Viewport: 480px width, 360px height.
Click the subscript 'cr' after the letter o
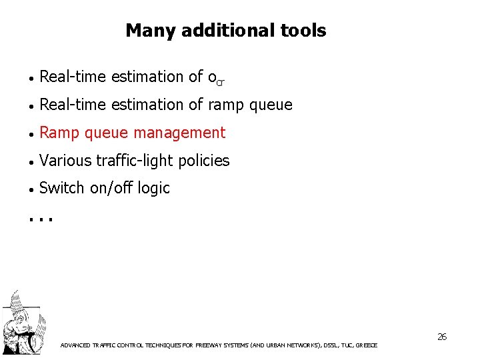tap(220, 81)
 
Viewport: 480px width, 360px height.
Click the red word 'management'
tap(180, 133)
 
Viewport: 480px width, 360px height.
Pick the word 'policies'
tap(206, 161)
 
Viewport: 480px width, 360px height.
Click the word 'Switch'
tap(62, 188)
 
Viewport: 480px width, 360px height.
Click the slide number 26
tap(442, 337)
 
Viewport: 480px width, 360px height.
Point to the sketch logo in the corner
tap(21, 324)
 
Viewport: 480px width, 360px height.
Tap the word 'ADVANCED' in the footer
tap(76, 345)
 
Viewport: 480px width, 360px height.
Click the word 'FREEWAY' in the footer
tap(214, 345)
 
